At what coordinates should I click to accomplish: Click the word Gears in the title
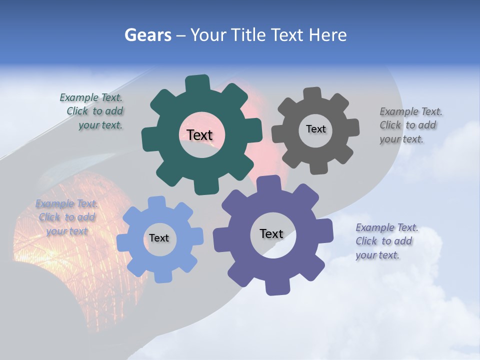148,35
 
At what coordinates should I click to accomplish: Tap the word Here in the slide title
327,35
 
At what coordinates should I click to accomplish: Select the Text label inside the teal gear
199,135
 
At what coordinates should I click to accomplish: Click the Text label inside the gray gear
315,129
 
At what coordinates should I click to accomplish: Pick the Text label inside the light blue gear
159,238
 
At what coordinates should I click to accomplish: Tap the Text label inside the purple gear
271,233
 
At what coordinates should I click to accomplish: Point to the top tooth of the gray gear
312,93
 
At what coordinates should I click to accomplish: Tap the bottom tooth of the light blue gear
162,276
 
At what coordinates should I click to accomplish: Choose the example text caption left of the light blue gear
66,217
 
